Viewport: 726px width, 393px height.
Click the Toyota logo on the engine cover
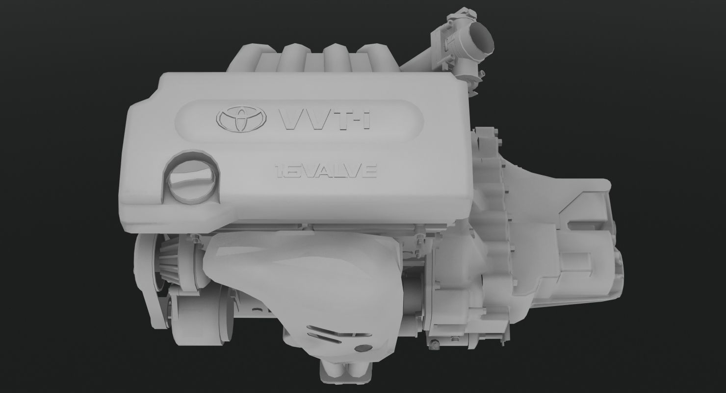[x=241, y=119]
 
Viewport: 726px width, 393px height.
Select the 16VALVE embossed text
[x=326, y=171]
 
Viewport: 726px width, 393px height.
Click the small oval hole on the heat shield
[x=362, y=348]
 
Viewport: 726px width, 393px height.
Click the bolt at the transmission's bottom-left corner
[x=435, y=346]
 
